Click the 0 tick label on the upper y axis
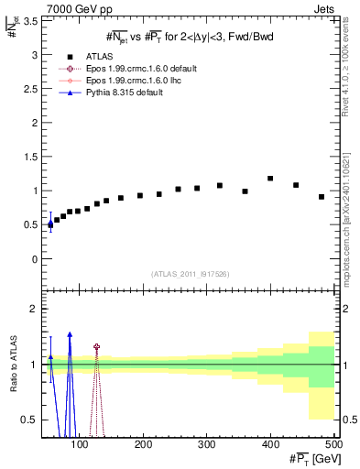coord(36,259)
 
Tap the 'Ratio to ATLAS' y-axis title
coord(13,362)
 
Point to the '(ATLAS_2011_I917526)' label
coord(191,274)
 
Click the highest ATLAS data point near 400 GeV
coord(270,179)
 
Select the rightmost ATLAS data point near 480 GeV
coord(322,197)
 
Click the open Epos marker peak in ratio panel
coord(96,347)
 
